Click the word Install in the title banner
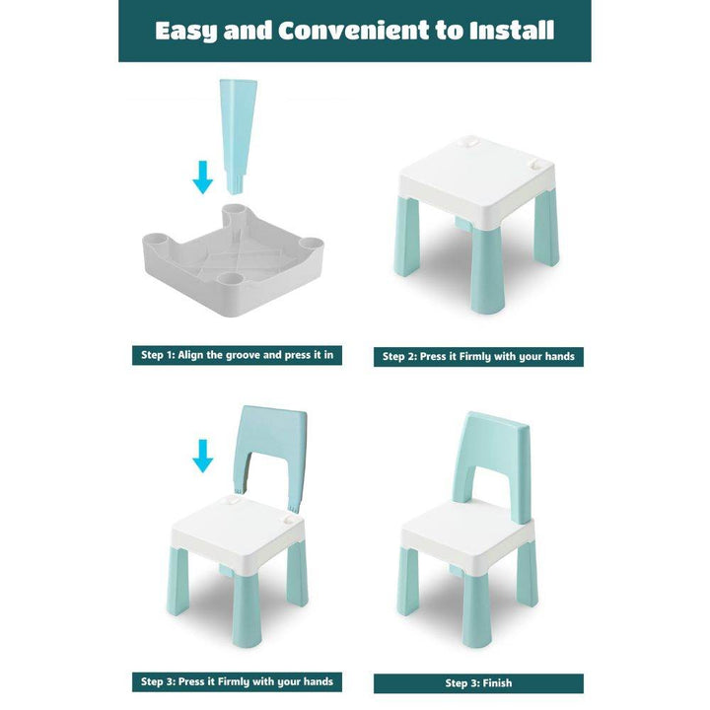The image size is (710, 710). pyautogui.click(x=512, y=30)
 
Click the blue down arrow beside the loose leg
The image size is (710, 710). pyautogui.click(x=202, y=177)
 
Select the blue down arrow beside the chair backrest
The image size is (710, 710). pyautogui.click(x=202, y=456)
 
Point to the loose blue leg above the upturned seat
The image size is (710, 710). pyautogui.click(x=238, y=137)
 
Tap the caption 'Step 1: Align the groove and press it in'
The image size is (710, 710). pyautogui.click(x=237, y=355)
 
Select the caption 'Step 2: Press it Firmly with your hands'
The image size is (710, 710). pyautogui.click(x=478, y=356)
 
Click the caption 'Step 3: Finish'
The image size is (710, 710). pyautogui.click(x=478, y=683)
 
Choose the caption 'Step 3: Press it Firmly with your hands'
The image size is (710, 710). pyautogui.click(x=237, y=681)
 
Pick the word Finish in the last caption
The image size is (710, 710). pyautogui.click(x=497, y=683)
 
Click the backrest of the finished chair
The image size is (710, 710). pyautogui.click(x=492, y=466)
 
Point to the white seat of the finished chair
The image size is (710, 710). pyautogui.click(x=466, y=538)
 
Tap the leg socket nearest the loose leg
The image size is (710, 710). pyautogui.click(x=234, y=212)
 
